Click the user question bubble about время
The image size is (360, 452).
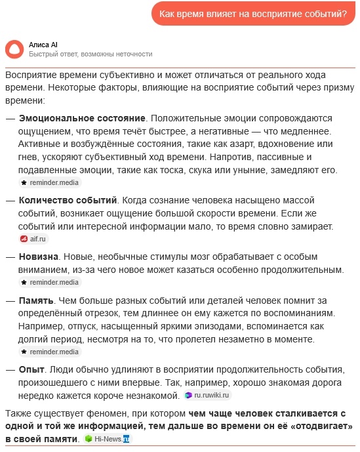[x=253, y=14]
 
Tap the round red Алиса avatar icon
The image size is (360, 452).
[x=13, y=49]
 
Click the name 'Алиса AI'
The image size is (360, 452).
[x=43, y=44]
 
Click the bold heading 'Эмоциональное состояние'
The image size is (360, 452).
[x=82, y=118]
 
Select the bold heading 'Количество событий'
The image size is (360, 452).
[x=68, y=199]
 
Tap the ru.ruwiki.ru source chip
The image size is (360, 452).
[x=207, y=395]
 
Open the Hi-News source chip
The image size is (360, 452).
[x=107, y=438]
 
